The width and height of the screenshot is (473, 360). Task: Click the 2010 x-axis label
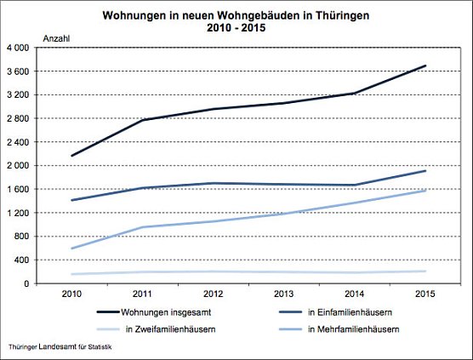(x=72, y=294)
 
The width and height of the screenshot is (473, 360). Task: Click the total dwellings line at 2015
(x=425, y=66)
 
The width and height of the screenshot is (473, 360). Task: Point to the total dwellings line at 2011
(x=142, y=120)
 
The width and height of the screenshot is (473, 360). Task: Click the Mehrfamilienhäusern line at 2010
(x=72, y=249)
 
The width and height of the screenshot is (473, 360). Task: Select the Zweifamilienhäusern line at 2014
(x=356, y=272)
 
